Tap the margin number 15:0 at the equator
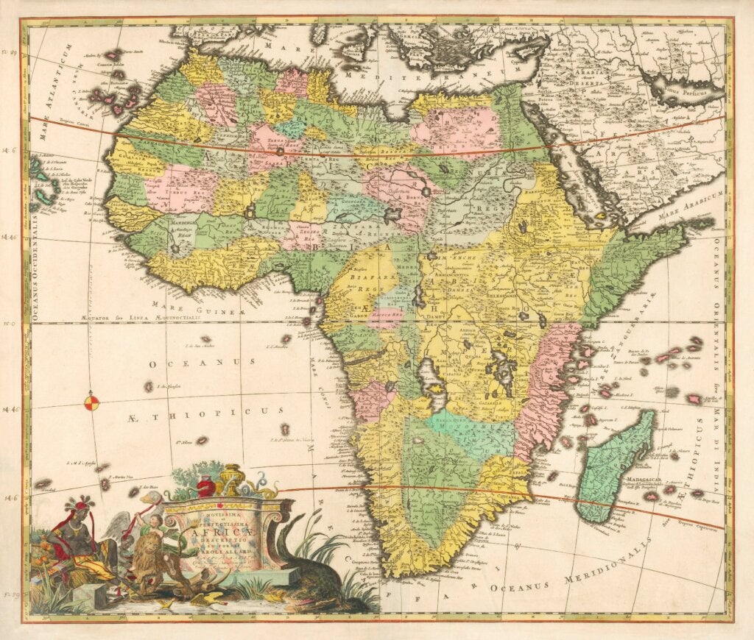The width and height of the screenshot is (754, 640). click(x=10, y=322)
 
